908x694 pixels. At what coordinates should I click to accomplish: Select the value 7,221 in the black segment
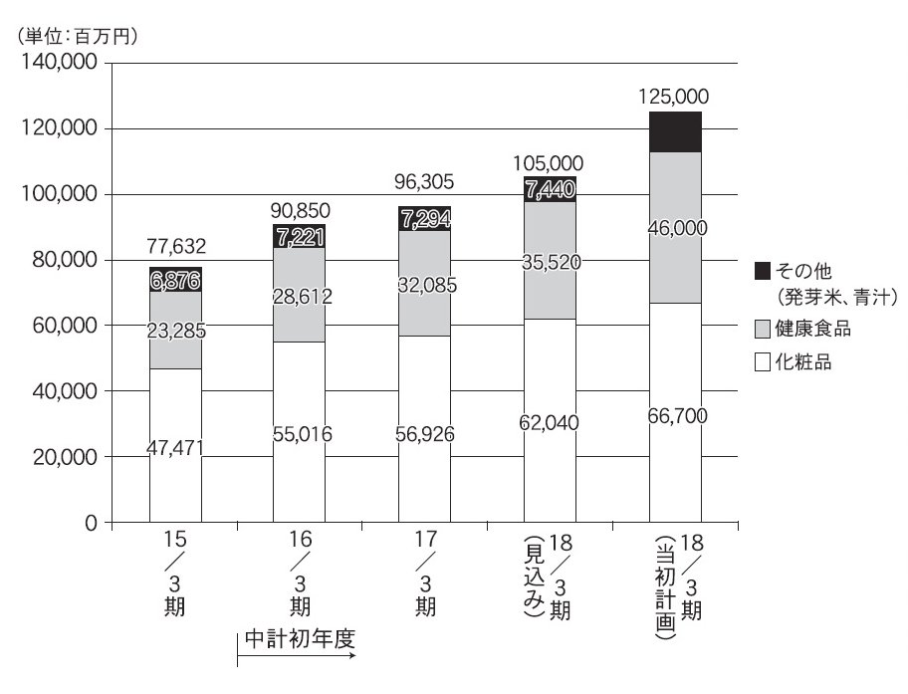[300, 235]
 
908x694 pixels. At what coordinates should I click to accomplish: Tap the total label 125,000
[674, 97]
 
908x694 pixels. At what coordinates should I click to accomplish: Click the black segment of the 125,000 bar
[675, 131]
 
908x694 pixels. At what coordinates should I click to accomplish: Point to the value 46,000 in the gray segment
[675, 228]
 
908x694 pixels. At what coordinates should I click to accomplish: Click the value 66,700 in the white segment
[675, 415]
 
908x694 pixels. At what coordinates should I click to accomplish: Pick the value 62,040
[550, 422]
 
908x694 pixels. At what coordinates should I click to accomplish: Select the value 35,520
[550, 262]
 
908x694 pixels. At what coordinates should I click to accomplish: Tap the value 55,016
[300, 433]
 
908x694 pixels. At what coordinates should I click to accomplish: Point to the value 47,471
[175, 448]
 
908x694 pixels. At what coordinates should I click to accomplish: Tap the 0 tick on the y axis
[91, 523]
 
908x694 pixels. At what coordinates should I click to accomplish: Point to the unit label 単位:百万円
[78, 37]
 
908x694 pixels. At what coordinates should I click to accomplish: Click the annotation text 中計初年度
[299, 638]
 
